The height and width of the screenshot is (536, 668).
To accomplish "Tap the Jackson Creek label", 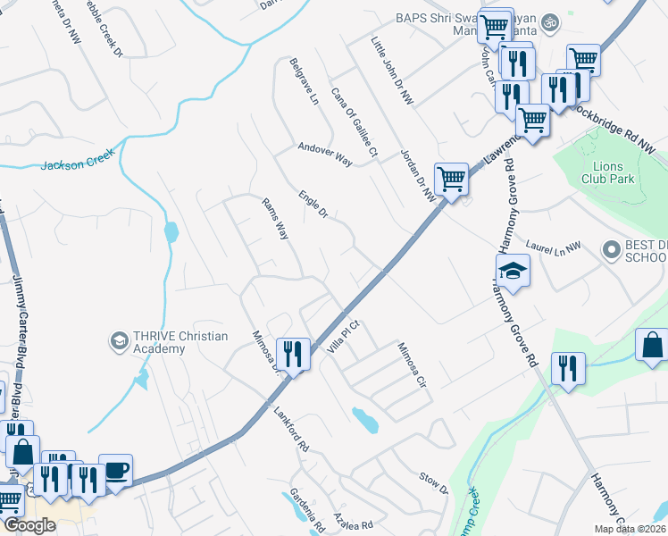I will [x=79, y=163].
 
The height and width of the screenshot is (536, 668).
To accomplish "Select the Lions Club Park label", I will [x=614, y=173].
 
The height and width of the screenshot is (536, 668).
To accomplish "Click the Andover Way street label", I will [x=325, y=153].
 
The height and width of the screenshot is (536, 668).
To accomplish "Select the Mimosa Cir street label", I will [x=413, y=364].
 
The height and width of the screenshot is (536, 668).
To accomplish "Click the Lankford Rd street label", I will [x=291, y=428].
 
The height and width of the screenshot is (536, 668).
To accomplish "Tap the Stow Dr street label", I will [x=433, y=483].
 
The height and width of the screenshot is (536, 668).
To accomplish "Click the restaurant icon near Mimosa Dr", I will [x=292, y=353].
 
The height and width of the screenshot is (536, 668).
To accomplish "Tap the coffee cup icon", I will [x=115, y=469].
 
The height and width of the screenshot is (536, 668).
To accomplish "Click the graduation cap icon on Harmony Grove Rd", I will [x=514, y=271].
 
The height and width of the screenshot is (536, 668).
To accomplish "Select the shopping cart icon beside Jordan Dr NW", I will [x=452, y=179].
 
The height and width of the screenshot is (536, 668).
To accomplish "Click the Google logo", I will [x=29, y=525].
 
